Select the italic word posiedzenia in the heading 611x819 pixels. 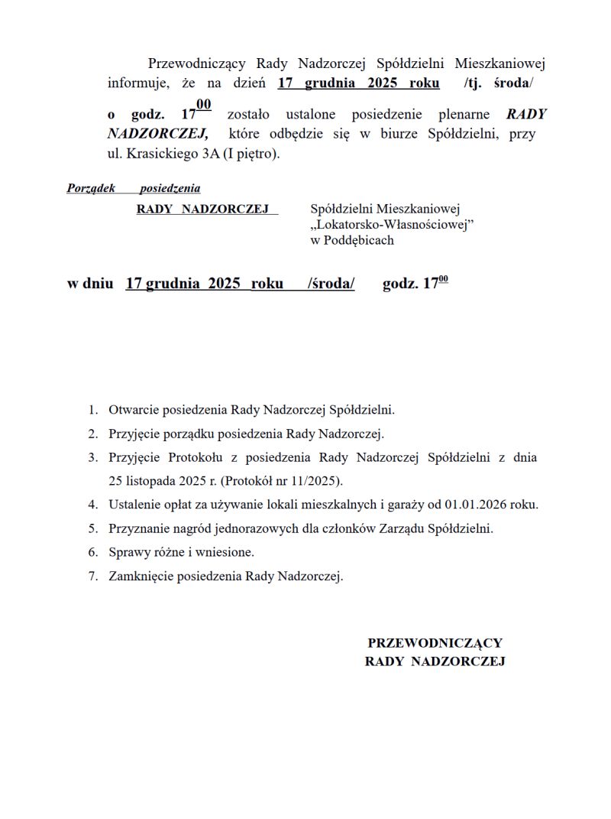click(x=170, y=188)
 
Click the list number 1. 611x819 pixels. click(x=92, y=411)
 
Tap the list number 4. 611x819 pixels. click(x=92, y=505)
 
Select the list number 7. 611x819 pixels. click(x=92, y=576)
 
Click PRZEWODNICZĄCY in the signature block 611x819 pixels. click(x=435, y=643)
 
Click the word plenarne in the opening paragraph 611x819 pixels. click(x=465, y=115)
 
